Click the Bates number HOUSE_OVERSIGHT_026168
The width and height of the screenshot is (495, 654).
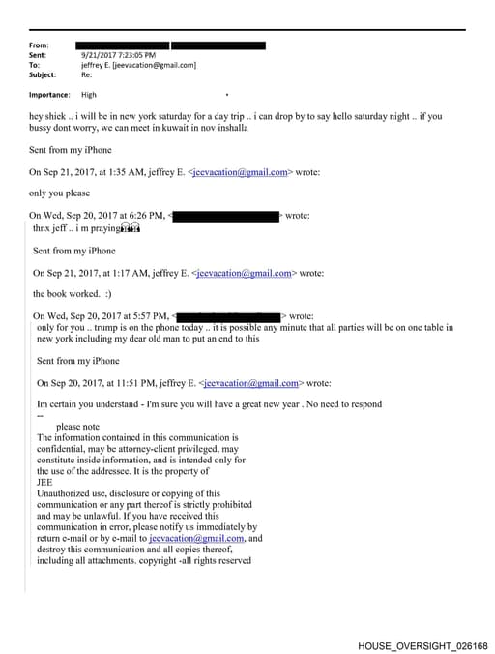422,644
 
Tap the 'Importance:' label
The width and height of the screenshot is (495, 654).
49,95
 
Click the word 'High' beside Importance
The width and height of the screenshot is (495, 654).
89,95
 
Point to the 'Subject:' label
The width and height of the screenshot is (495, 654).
43,74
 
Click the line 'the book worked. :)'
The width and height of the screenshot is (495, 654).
72,293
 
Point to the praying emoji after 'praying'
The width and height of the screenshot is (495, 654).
132,228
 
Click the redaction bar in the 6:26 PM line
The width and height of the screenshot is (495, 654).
225,216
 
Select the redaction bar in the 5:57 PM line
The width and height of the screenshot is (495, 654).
230,316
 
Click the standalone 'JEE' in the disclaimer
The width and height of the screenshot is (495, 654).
45,481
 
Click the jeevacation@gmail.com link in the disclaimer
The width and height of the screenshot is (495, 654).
197,538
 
